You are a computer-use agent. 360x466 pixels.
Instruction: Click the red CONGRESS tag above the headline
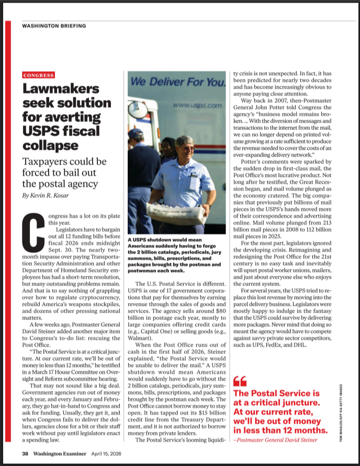(38, 75)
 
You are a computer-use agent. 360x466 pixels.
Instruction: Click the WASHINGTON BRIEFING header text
(54, 25)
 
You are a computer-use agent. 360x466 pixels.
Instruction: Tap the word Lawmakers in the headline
(61, 90)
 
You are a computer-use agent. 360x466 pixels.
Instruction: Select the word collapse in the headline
(50, 145)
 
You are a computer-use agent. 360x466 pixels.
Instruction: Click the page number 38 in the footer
(25, 453)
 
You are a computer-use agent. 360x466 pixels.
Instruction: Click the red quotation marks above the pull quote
(239, 381)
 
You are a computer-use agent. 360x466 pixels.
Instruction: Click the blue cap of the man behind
(136, 132)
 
